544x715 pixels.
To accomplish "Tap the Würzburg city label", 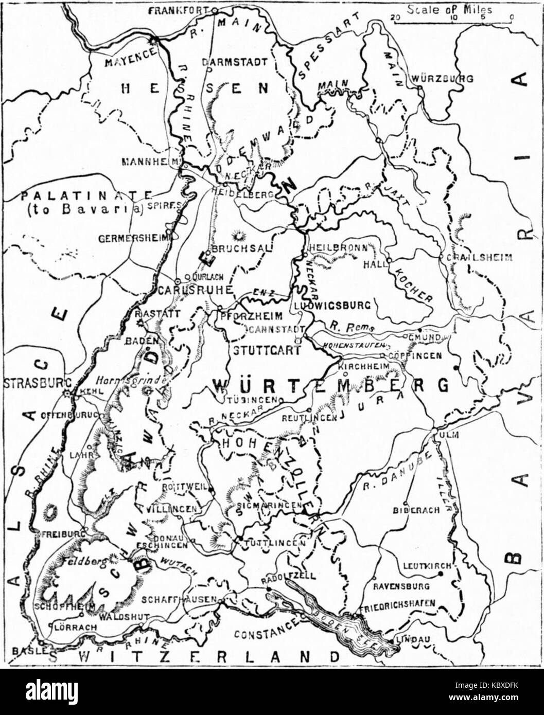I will [x=442, y=79].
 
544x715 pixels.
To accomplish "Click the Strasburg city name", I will [x=32, y=383].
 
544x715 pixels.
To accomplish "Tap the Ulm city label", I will [x=449, y=435].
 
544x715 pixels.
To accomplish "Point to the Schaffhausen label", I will [x=186, y=600].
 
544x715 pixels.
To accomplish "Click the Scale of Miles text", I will [x=449, y=9].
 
